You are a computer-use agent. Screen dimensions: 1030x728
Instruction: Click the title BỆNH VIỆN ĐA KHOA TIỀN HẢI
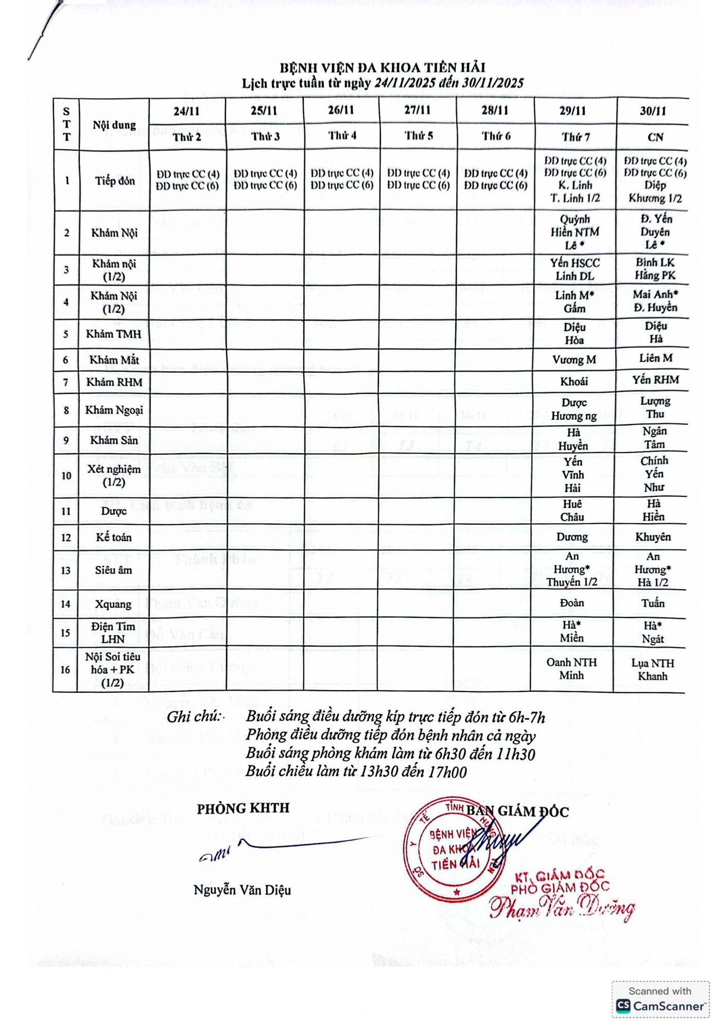click(382, 68)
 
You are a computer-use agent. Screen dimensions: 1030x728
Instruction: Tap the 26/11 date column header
click(341, 110)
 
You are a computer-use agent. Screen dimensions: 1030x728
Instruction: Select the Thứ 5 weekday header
click(418, 136)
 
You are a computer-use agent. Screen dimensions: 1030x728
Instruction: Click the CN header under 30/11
click(655, 138)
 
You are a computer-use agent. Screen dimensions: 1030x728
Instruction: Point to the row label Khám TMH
click(114, 334)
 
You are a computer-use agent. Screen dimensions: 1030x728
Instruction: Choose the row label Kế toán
click(114, 538)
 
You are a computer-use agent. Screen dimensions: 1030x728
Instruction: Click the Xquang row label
click(113, 604)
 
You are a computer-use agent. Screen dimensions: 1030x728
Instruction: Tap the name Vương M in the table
click(574, 360)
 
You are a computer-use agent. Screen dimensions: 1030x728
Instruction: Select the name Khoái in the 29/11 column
click(574, 382)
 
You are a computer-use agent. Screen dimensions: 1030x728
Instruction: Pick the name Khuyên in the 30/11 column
click(653, 537)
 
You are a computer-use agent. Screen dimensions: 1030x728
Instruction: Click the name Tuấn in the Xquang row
click(653, 603)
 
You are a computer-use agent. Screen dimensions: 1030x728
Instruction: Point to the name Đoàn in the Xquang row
click(572, 603)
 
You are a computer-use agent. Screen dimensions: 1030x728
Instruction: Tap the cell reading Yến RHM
click(655, 380)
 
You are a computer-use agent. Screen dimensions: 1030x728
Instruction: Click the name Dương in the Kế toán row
click(572, 537)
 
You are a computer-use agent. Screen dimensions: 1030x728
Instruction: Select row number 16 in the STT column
click(65, 669)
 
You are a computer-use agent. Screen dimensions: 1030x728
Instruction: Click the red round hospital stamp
click(453, 850)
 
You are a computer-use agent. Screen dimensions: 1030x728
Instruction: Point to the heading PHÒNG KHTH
click(243, 808)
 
